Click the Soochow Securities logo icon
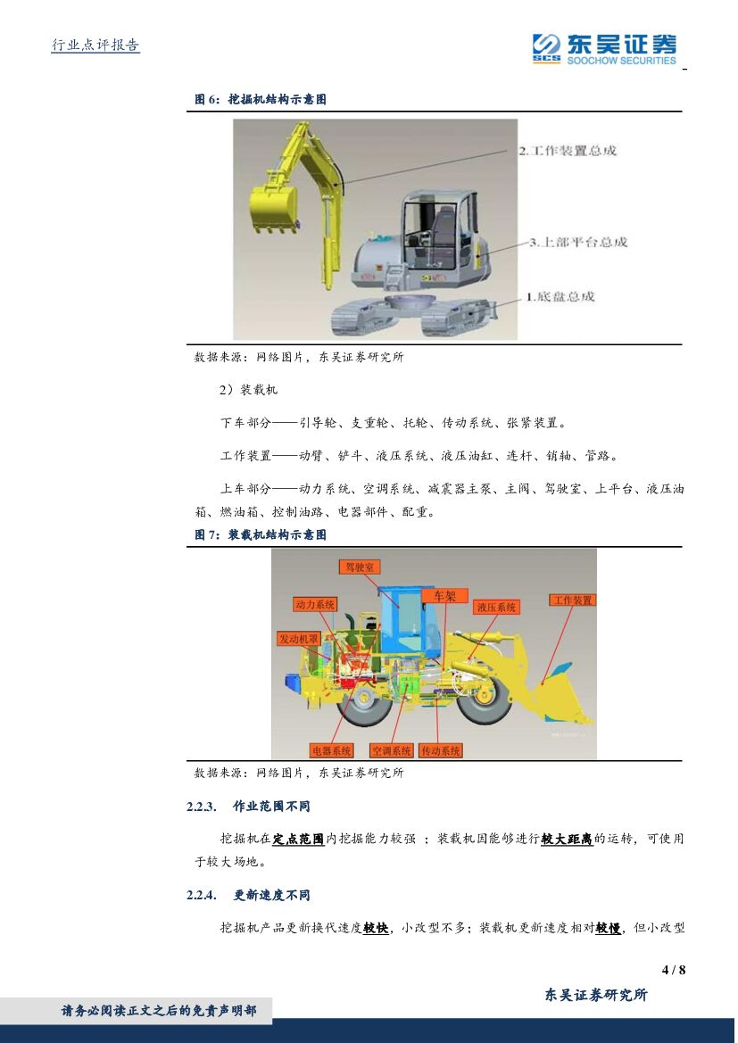point(546,47)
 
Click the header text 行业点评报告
point(95,46)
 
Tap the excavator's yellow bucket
point(273,209)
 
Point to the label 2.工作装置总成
point(568,150)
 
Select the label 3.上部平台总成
point(578,242)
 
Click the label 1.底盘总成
point(560,296)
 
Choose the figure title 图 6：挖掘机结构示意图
point(261,99)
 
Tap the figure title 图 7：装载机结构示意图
point(261,534)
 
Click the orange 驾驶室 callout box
point(360,567)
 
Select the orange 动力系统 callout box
point(315,604)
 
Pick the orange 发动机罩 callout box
point(299,639)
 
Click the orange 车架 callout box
point(445,595)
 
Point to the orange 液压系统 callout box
point(496,607)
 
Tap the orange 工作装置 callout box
point(572,600)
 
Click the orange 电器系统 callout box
point(331,750)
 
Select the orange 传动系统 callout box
point(441,750)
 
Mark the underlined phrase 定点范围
point(299,839)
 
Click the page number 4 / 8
point(674,970)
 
